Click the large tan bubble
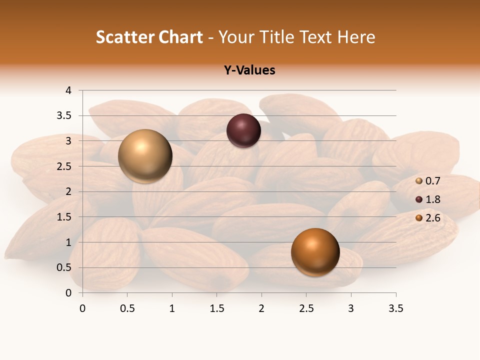pos(145,156)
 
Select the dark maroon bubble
pos(243,130)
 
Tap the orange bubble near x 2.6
pos(315,251)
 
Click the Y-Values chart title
pos(249,70)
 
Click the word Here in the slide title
pos(356,37)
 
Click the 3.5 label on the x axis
pos(395,308)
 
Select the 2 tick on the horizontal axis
pos(261,308)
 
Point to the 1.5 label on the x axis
pos(216,308)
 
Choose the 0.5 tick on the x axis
pos(127,308)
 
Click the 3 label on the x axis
pos(351,308)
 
